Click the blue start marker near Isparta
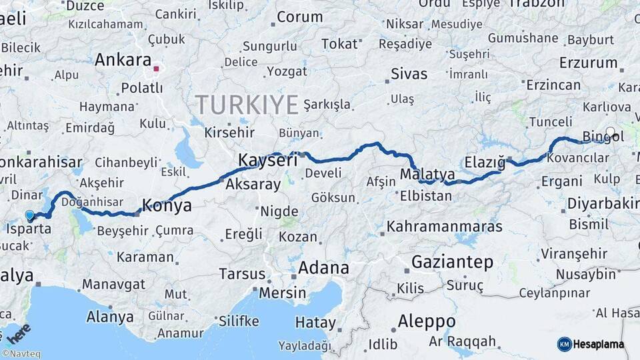click(x=29, y=215)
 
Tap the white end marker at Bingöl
click(x=610, y=132)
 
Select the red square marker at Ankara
click(x=156, y=68)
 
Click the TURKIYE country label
click(x=247, y=105)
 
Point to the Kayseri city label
click(x=267, y=161)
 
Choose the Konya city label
click(x=167, y=206)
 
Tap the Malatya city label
click(x=427, y=175)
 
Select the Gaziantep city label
click(x=452, y=262)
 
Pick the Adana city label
click(x=323, y=268)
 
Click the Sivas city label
click(x=409, y=74)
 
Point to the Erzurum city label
click(x=588, y=63)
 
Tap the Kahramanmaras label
click(x=444, y=227)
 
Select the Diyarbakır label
click(x=603, y=203)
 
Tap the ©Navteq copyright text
click(x=21, y=354)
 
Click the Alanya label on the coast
click(x=110, y=316)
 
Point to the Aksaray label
click(x=253, y=185)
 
